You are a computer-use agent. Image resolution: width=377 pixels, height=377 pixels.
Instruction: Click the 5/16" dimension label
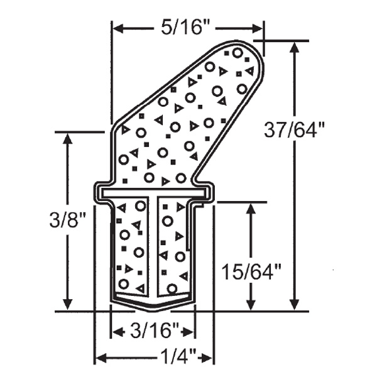tap(187, 27)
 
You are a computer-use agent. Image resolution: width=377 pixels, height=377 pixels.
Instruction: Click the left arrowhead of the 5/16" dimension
tap(117, 28)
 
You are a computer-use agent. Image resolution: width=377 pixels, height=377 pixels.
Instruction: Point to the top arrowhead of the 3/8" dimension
tap(67, 138)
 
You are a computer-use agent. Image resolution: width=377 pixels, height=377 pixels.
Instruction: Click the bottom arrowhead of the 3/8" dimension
tap(67, 305)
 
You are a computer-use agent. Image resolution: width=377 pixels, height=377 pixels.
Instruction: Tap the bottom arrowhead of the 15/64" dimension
tap(252, 305)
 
